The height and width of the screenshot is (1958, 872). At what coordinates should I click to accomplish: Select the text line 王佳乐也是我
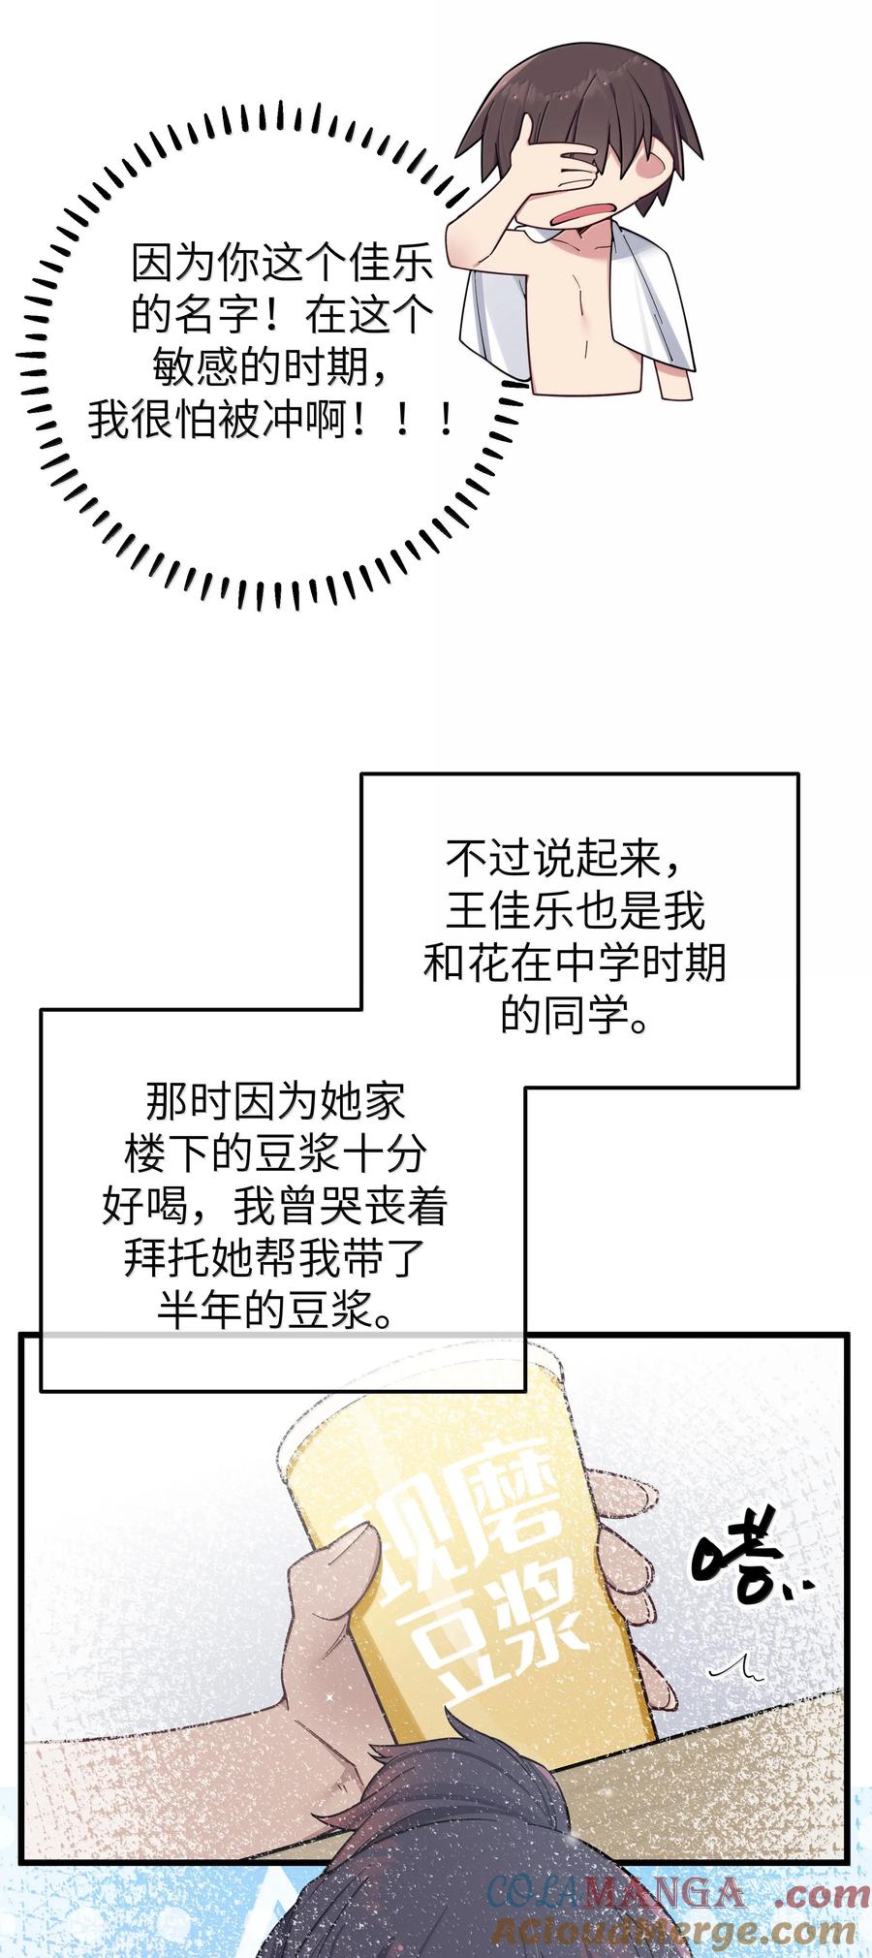tap(575, 911)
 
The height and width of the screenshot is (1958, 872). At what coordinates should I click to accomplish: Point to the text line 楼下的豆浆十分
tap(275, 1154)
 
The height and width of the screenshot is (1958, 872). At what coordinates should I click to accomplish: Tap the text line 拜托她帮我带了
tap(275, 1259)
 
